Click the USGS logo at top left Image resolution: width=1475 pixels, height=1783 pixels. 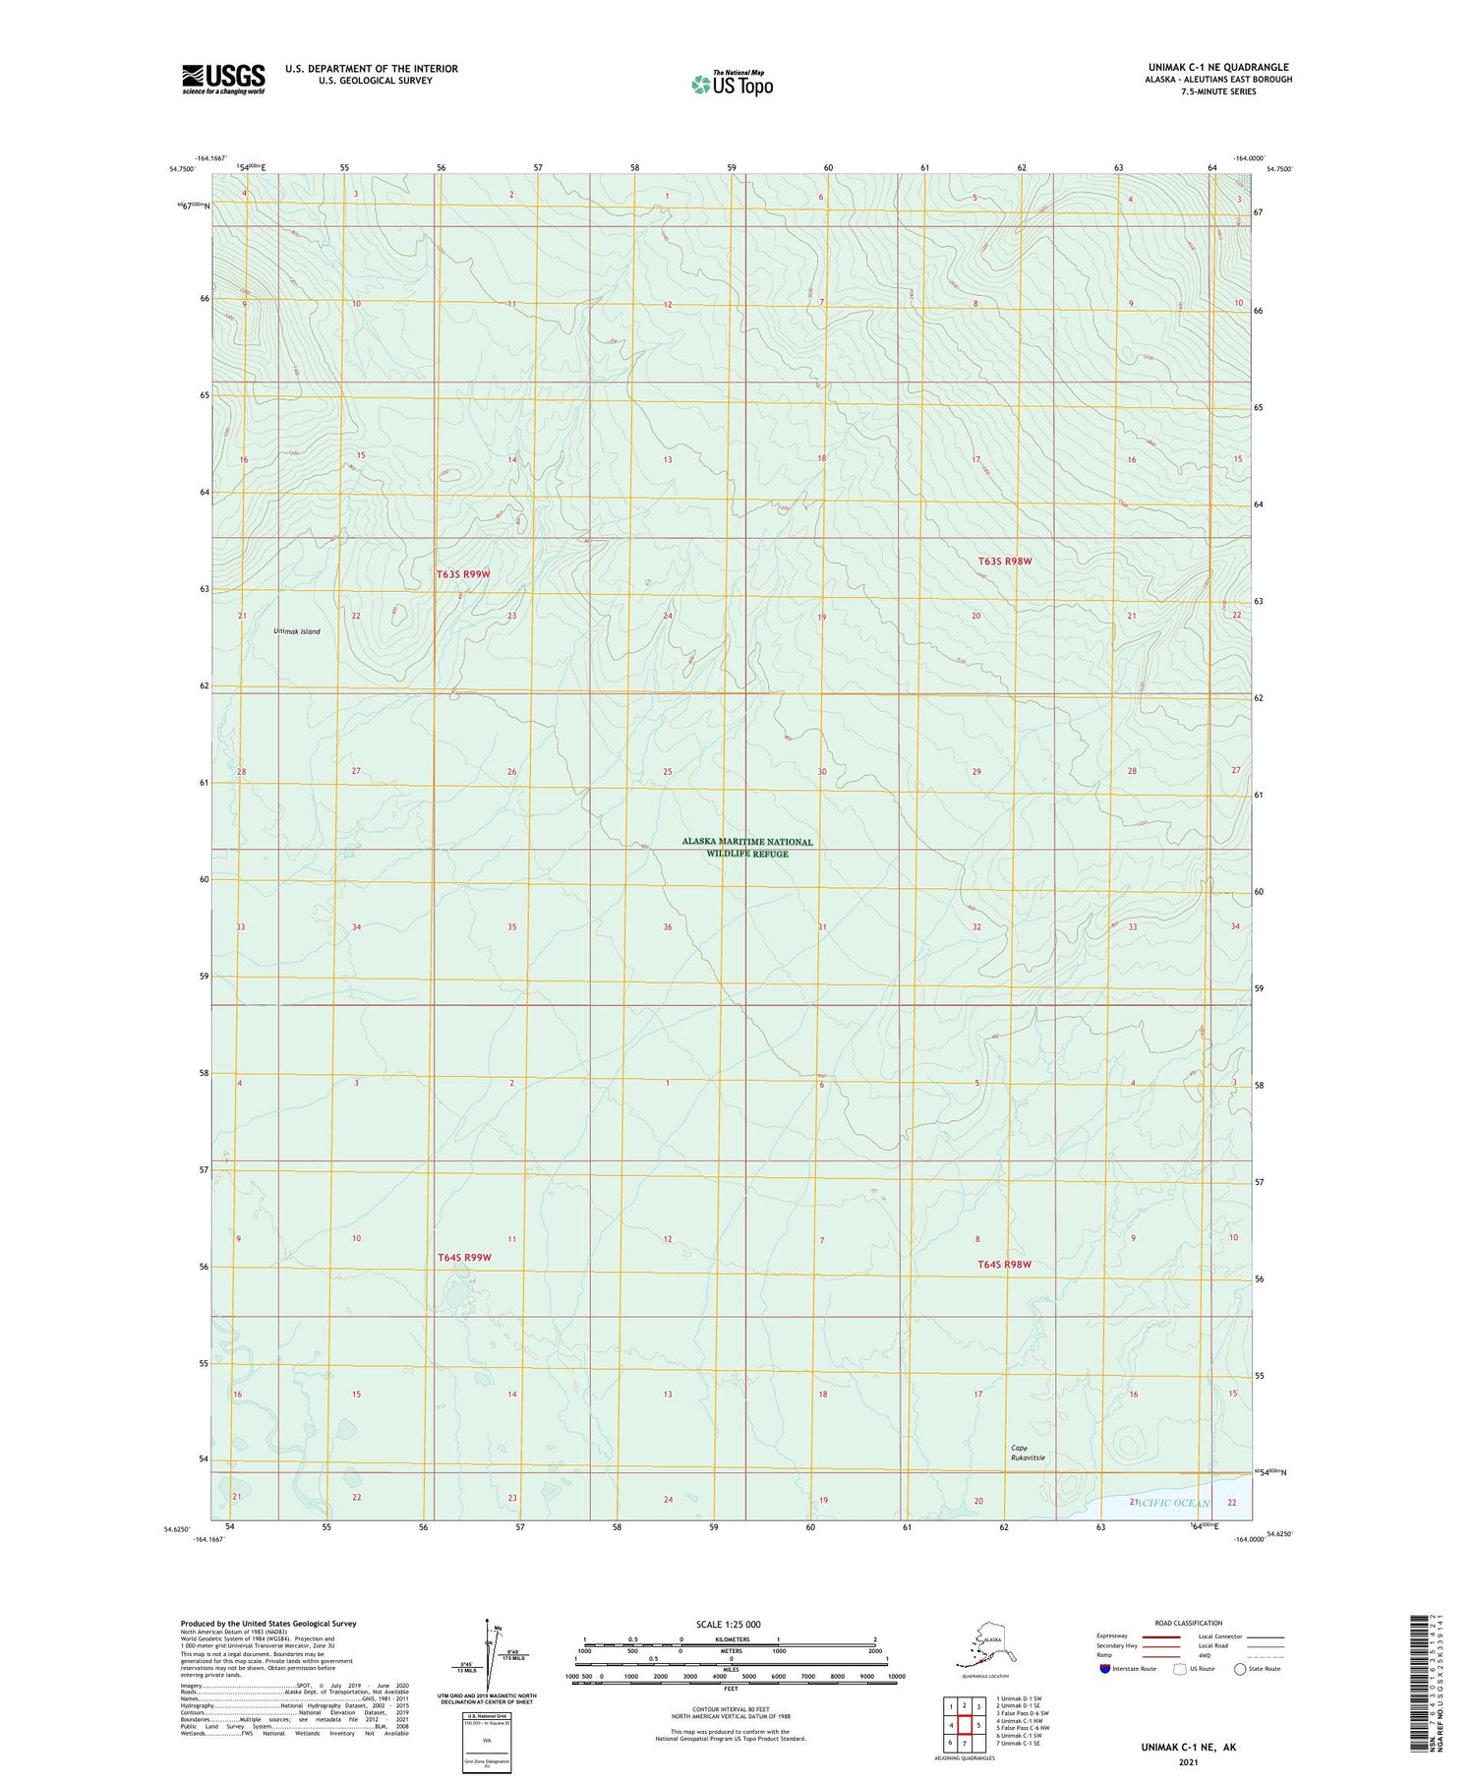223,79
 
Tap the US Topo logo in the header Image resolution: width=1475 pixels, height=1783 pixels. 733,84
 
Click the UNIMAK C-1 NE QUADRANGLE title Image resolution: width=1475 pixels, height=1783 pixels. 1218,68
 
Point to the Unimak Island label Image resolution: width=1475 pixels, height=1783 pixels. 296,631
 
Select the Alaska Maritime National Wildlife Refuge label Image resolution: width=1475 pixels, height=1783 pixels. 747,848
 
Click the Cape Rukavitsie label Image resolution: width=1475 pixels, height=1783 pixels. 1028,1453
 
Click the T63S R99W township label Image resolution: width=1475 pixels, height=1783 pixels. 463,573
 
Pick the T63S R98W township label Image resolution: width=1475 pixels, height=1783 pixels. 1005,562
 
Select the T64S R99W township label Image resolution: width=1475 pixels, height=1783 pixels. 463,1258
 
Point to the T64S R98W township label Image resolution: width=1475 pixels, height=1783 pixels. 1004,1265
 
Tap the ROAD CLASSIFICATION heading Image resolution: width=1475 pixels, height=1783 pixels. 1189,1623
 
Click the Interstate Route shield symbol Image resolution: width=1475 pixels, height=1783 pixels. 1105,1669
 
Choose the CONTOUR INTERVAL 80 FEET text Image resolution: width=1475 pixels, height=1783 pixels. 730,1710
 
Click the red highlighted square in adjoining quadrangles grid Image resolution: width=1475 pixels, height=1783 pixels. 965,1725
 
